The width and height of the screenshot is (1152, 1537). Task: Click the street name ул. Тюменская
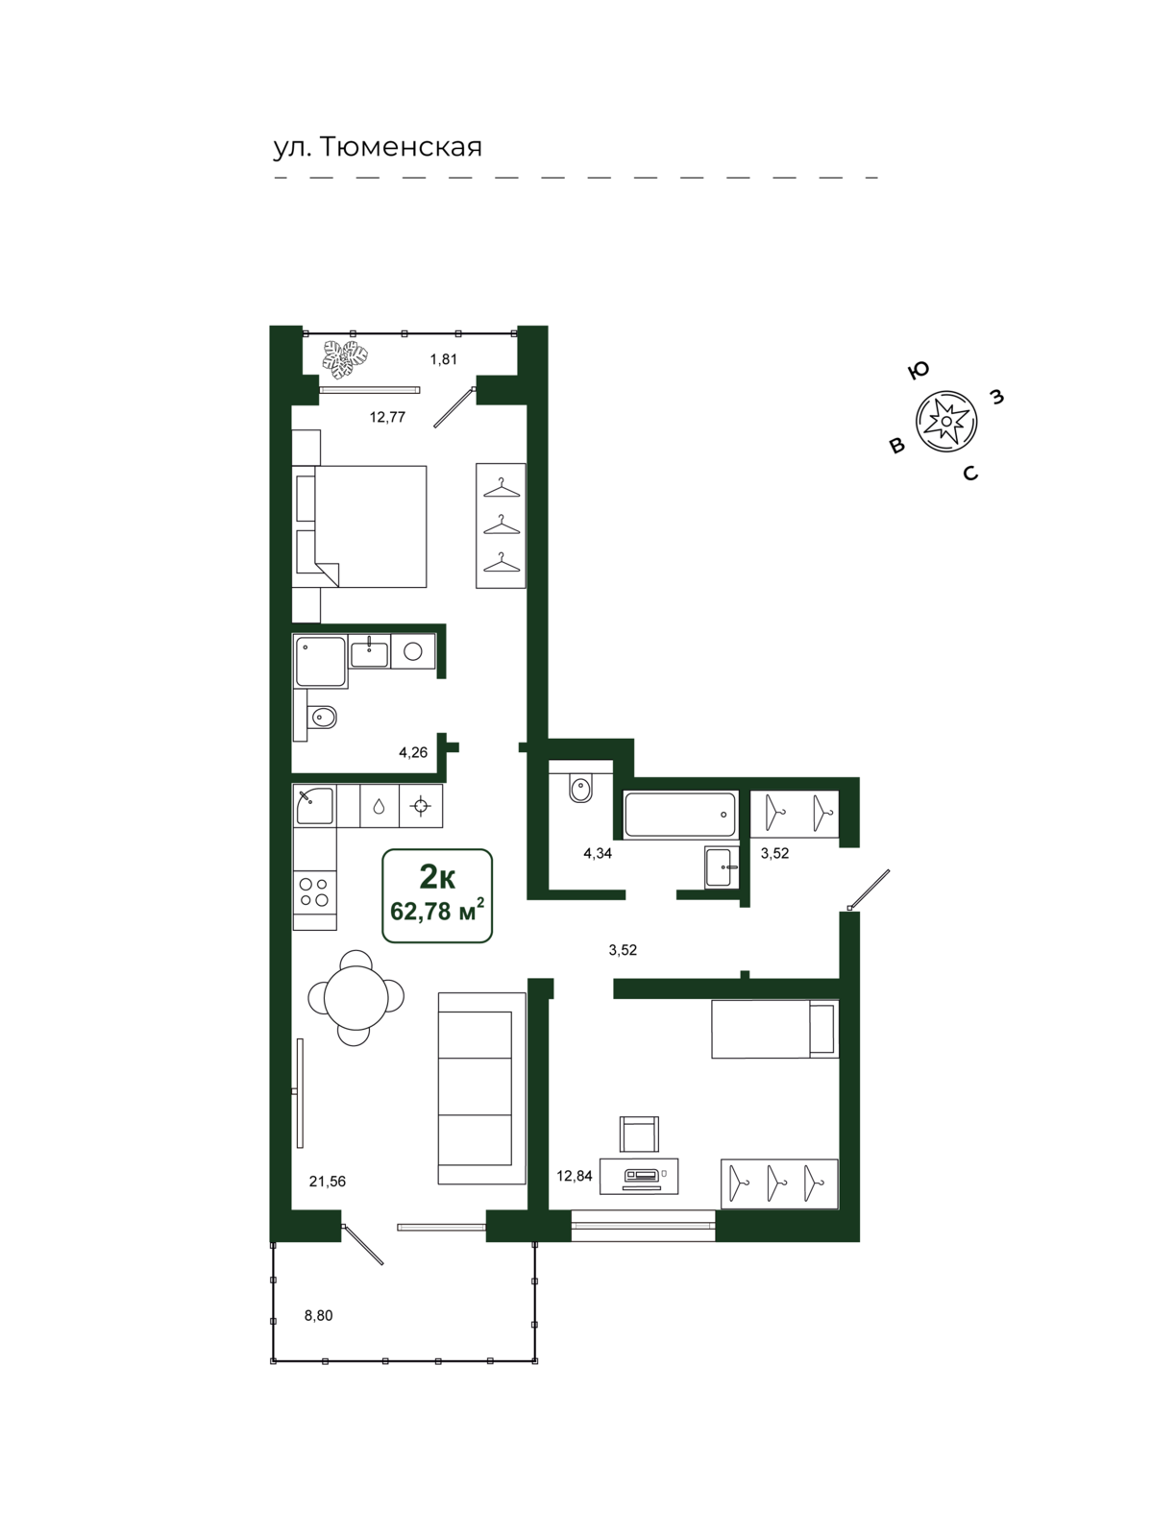coord(378,148)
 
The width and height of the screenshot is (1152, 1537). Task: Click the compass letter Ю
coord(918,371)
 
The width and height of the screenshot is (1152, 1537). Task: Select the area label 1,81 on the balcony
coord(443,359)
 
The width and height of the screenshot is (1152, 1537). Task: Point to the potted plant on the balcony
coord(345,359)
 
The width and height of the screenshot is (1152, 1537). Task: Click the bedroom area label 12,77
coord(387,417)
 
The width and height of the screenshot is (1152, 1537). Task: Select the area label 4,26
coord(413,753)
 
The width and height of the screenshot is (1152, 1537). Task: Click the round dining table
coord(356,997)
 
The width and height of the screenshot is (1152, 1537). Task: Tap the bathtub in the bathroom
coord(680,815)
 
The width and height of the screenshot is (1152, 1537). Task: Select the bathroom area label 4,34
coord(598,854)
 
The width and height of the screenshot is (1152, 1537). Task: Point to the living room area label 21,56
coord(328,1182)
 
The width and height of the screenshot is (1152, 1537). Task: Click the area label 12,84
coord(575,1176)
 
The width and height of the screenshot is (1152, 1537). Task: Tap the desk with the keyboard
coord(639,1175)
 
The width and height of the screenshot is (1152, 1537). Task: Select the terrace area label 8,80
coord(319,1316)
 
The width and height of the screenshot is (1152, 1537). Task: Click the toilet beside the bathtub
coord(581,788)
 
